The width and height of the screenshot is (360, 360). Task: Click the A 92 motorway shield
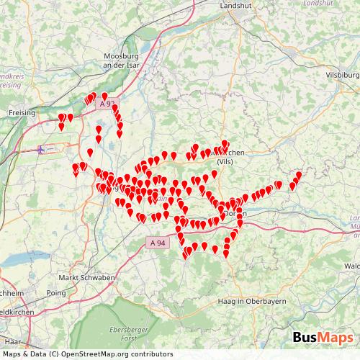point(107,104)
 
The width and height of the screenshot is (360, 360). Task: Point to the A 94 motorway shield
point(158,244)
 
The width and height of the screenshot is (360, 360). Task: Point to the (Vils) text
point(230,162)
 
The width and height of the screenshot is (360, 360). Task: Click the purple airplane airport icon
point(41,149)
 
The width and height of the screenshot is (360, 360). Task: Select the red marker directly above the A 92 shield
point(104,96)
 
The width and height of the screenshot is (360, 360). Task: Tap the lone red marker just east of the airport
point(90,152)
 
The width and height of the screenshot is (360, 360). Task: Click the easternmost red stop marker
point(299,174)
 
